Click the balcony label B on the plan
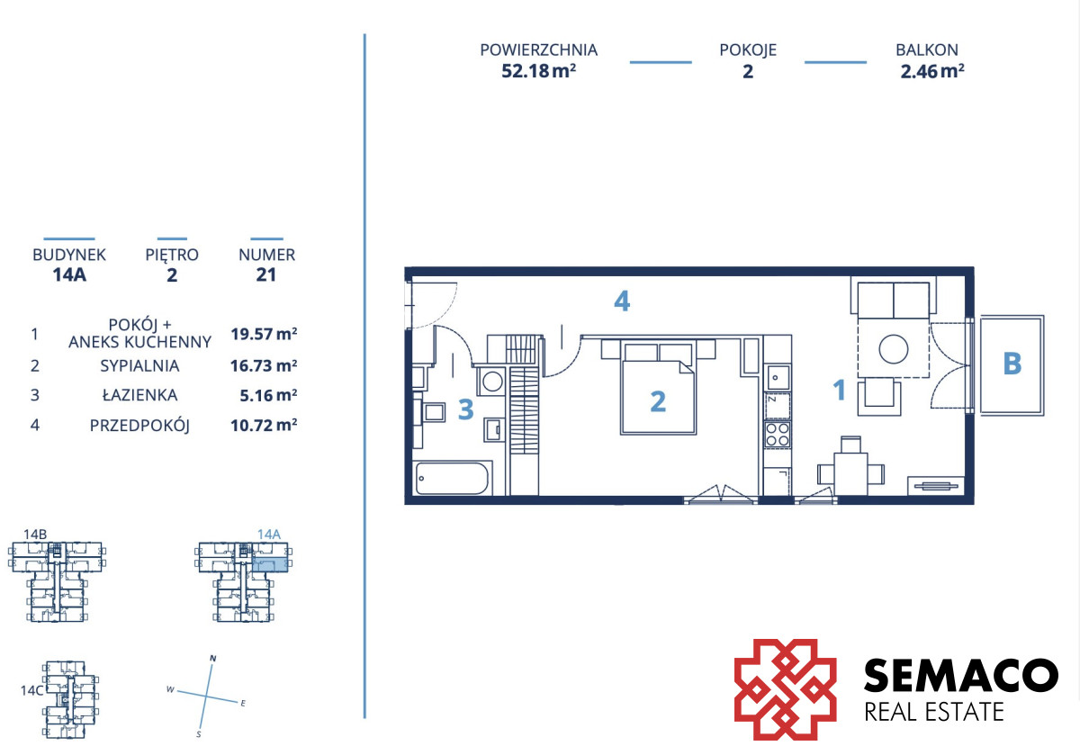[1012, 363]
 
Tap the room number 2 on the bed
[658, 401]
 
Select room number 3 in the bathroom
[466, 409]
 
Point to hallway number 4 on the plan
[622, 301]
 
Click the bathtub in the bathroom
[452, 478]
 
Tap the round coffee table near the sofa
[894, 349]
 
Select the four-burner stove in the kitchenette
[778, 434]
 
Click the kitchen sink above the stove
[778, 377]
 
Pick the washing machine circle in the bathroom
[492, 382]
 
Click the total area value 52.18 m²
[538, 71]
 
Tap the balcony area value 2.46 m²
[932, 71]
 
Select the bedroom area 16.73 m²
[264, 365]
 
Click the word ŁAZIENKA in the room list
[139, 395]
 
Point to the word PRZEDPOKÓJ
[139, 426]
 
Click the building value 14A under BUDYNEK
[69, 274]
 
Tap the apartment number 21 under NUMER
[266, 274]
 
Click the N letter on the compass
[213, 658]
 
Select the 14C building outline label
[31, 690]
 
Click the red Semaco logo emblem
[786, 689]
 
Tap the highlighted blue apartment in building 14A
[270, 564]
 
